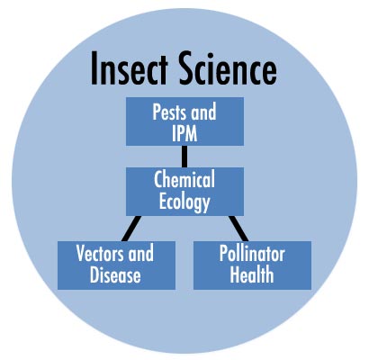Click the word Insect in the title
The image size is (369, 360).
[x=129, y=68]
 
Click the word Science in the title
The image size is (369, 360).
[x=228, y=68]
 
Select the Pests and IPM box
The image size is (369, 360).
[x=184, y=121]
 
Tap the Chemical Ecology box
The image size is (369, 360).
[x=184, y=192]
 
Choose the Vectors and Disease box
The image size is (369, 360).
[x=116, y=265]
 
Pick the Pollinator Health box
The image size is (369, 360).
[x=252, y=265]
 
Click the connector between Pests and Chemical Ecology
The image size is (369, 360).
[x=184, y=157]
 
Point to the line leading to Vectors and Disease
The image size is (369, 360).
[x=131, y=229]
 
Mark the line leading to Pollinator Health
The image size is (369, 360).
[x=238, y=229]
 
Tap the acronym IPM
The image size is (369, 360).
[x=184, y=133]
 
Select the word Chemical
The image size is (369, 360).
[x=184, y=179]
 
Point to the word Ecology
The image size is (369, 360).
[x=184, y=202]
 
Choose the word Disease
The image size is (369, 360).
[x=115, y=275]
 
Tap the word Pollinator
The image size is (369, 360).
[x=252, y=254]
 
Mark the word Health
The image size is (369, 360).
[x=252, y=275]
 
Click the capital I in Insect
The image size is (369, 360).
[x=94, y=68]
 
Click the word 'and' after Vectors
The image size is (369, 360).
[x=140, y=253]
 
